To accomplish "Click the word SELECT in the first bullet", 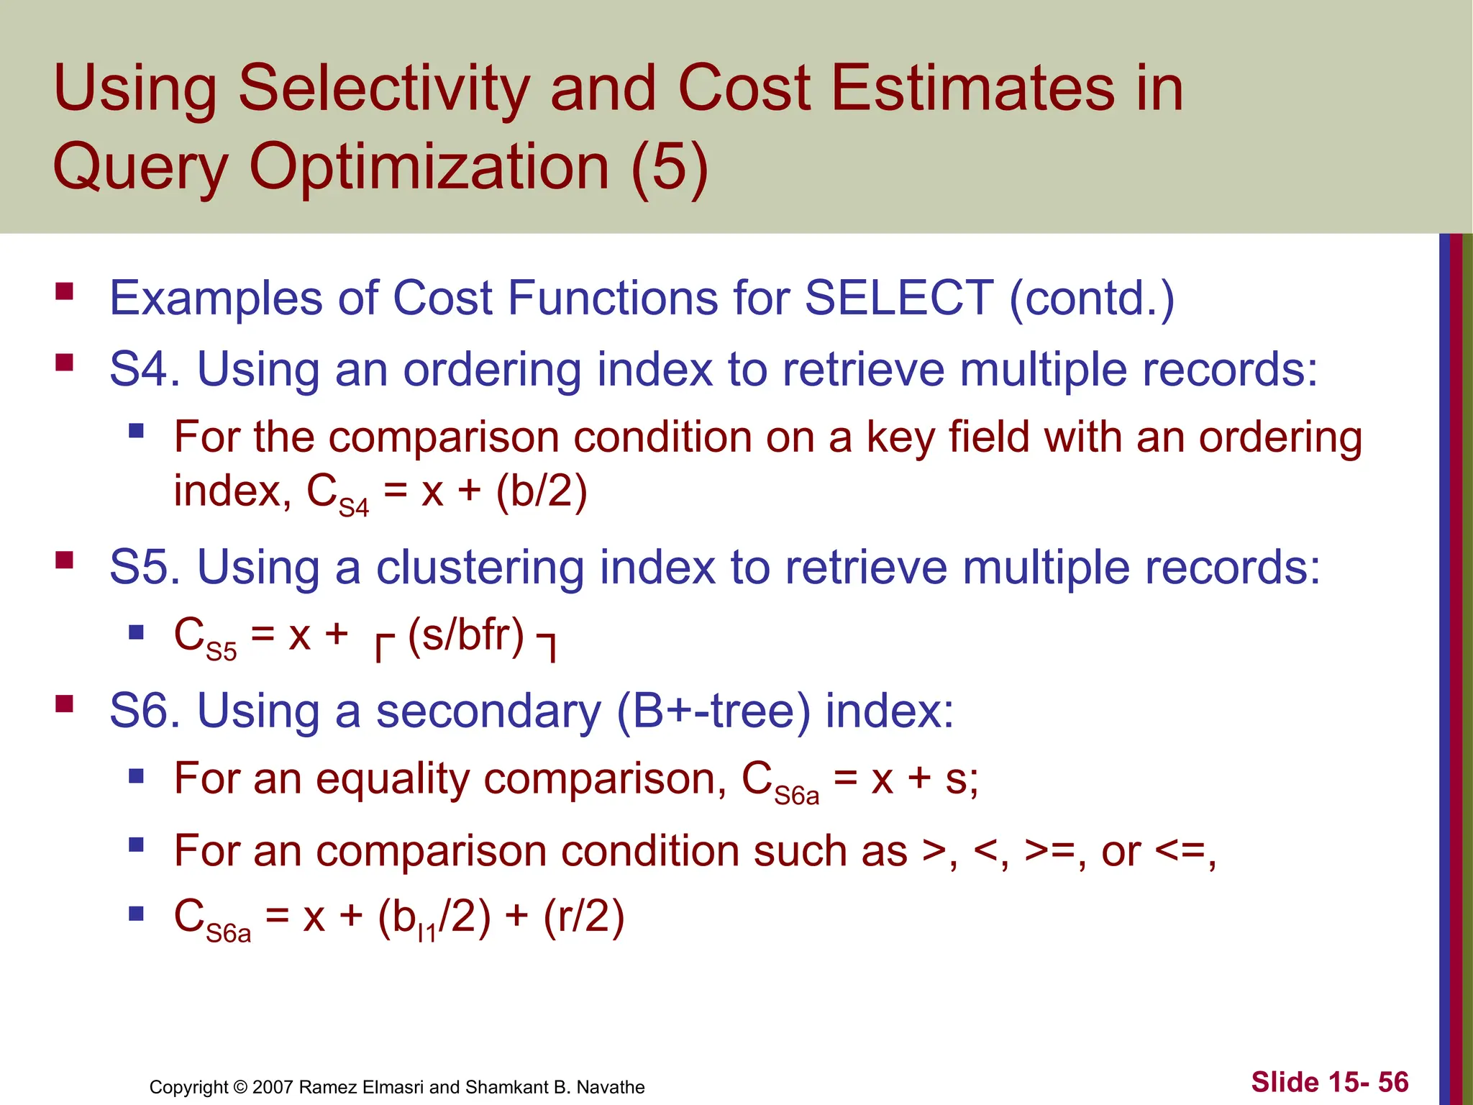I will (898, 298).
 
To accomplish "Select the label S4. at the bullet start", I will (145, 370).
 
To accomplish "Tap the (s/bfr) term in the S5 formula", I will (466, 635).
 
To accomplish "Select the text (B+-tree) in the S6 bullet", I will (713, 711).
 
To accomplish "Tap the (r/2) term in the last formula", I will (583, 917).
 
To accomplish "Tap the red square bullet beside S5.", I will (65, 560).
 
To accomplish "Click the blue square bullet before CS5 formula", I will (137, 632).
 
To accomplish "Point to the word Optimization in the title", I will (429, 167).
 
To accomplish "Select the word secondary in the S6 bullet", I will (488, 711).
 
